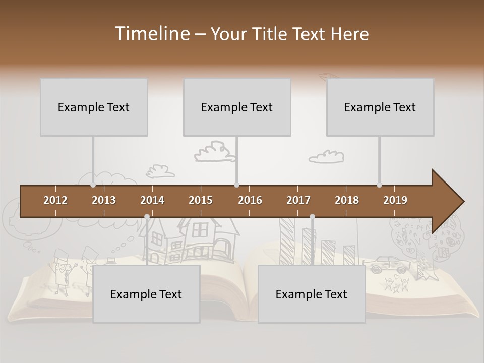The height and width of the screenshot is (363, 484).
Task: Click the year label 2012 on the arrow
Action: (55, 200)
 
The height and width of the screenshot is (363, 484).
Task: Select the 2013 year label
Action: (104, 200)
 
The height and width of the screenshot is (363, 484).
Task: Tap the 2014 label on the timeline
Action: (152, 200)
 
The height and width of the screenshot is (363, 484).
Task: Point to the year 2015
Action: (201, 200)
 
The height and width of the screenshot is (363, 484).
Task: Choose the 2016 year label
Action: (250, 200)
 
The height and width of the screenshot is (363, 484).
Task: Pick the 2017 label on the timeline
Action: (298, 200)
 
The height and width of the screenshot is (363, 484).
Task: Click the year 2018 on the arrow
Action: (347, 200)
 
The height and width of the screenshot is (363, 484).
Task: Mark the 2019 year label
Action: (395, 200)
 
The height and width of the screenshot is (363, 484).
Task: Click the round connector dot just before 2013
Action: (93, 185)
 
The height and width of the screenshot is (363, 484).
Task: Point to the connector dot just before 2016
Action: (236, 185)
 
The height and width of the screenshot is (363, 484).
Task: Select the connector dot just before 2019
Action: (379, 185)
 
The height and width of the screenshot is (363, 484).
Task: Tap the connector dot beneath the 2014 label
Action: (147, 217)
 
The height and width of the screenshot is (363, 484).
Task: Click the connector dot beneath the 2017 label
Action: (312, 217)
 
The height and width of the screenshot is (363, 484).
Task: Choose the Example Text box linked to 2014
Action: (146, 294)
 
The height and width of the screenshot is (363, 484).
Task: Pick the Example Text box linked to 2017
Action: (312, 294)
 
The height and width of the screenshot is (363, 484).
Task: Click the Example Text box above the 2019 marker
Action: (380, 107)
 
